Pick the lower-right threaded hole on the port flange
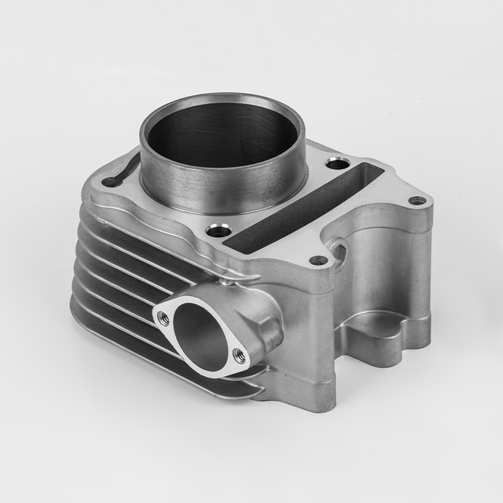239,355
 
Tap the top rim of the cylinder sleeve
220,97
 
